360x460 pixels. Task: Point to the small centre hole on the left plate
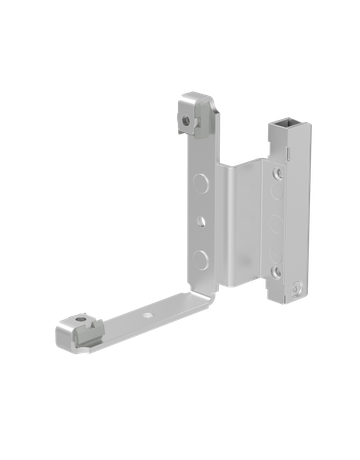click(202, 220)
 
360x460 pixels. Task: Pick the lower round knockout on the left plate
click(204, 258)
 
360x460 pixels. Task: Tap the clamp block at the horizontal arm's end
click(77, 331)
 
